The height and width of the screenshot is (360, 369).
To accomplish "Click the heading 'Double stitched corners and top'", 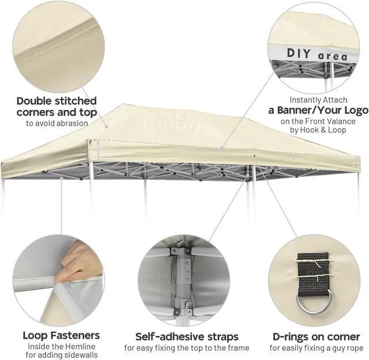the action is (57, 107).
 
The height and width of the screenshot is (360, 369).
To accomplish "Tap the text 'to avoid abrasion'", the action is (57, 123).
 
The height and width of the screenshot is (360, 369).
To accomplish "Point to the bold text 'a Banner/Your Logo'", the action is (318, 110).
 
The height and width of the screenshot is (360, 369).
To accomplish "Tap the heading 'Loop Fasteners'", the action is (61, 335).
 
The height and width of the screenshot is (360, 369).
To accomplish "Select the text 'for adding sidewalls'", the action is (61, 355).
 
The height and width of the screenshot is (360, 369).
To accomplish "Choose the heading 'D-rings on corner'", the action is (316, 336).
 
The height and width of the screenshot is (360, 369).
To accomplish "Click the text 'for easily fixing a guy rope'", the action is (316, 348).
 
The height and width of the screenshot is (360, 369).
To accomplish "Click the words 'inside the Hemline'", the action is (61, 346).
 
